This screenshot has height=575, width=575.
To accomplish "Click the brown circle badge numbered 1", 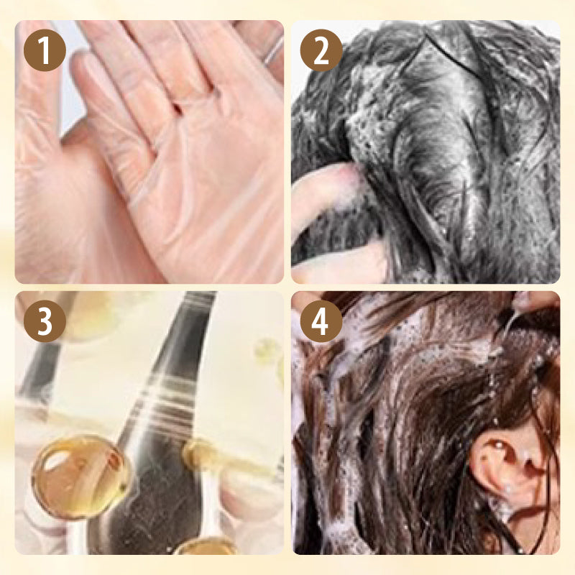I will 45,51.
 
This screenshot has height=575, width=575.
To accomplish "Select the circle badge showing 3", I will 45,321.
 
